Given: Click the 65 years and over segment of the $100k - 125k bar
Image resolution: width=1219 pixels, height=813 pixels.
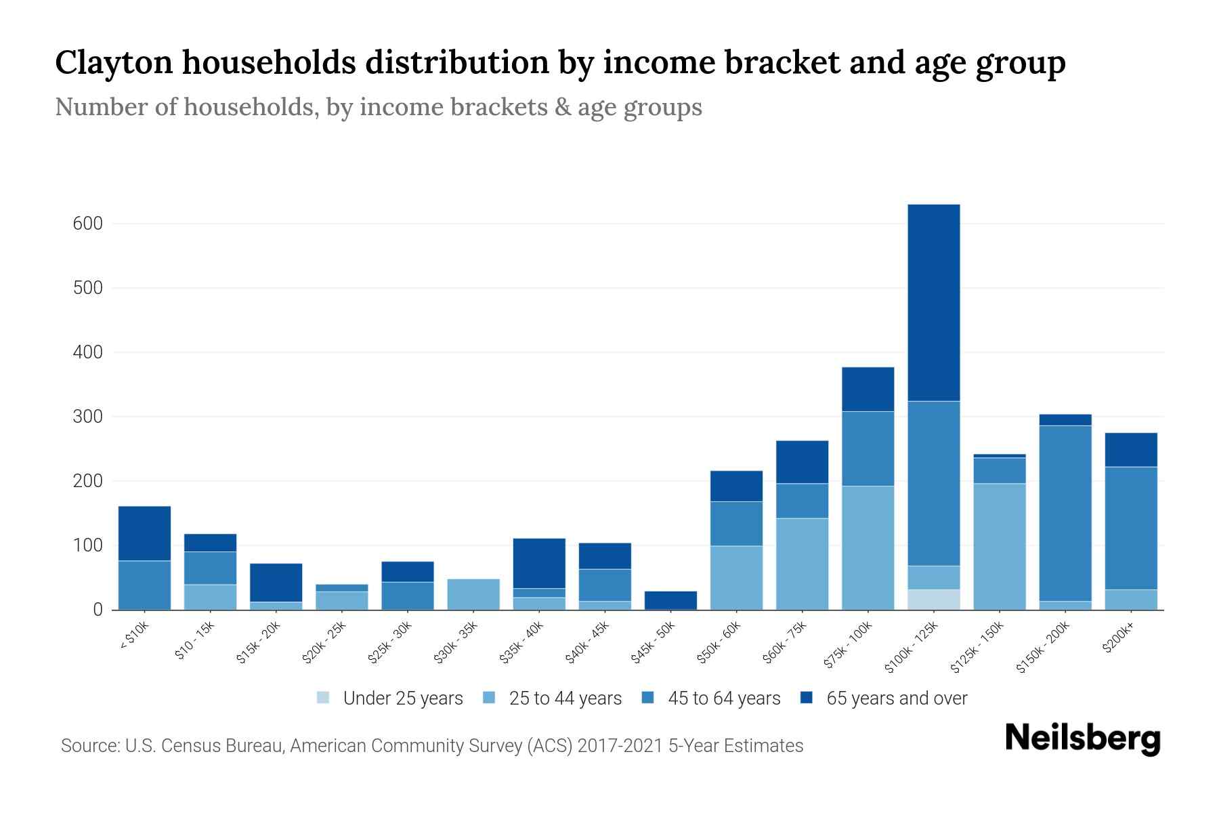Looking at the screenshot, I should (934, 302).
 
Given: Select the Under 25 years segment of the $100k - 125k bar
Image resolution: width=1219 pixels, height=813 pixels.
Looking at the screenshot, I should (934, 600).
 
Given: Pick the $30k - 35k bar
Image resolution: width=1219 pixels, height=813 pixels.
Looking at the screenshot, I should (473, 594).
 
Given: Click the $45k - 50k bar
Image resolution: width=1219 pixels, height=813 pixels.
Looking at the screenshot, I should (670, 600).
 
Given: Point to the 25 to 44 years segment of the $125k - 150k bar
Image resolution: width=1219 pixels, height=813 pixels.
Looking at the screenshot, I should (1000, 546).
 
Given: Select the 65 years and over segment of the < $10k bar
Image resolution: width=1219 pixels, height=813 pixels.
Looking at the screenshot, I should (144, 533).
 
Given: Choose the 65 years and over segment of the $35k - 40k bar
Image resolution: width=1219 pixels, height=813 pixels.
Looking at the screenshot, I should (539, 563).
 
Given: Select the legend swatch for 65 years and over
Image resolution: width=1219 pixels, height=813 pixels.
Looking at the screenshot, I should (807, 698).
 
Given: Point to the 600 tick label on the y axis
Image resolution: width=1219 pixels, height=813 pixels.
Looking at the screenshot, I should (87, 224).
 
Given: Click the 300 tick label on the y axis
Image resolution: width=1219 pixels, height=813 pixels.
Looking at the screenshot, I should (87, 417).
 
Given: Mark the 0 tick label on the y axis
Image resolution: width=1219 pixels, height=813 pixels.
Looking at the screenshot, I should (98, 610).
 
